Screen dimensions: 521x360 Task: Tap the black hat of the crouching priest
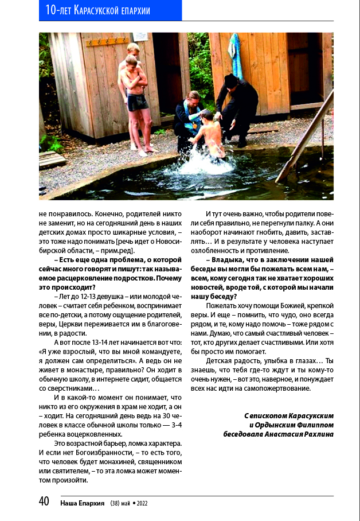(232, 81)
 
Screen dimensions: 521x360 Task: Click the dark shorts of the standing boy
(137, 103)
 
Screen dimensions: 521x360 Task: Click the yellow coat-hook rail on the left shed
(108, 41)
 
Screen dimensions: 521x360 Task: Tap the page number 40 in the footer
(44, 502)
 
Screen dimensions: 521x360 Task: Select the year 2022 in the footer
(142, 503)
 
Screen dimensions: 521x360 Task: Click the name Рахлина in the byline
(316, 434)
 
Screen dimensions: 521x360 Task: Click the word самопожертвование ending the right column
(277, 388)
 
